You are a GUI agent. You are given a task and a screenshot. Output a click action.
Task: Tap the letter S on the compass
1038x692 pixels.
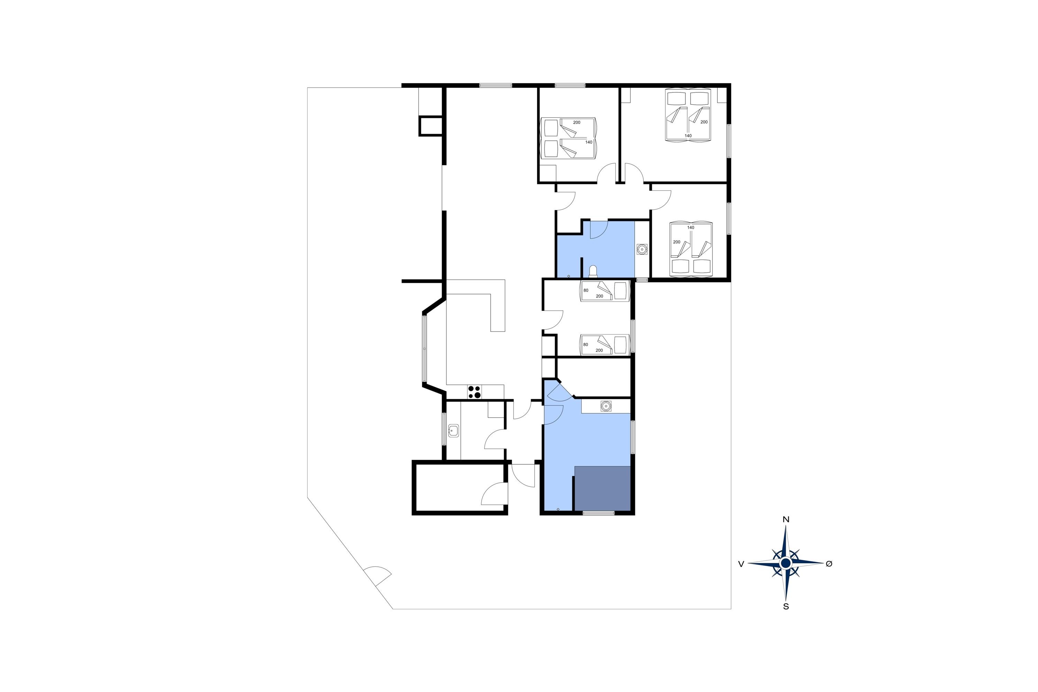pos(786,607)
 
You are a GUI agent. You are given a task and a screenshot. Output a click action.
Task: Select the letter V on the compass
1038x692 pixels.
pos(741,564)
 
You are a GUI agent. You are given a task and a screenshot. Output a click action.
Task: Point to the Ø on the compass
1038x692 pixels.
pos(829,564)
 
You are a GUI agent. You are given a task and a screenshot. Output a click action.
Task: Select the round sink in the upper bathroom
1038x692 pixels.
pos(642,249)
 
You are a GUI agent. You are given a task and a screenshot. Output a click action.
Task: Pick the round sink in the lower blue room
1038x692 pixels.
pos(606,406)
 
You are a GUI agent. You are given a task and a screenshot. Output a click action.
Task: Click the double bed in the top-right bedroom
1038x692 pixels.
pos(688,115)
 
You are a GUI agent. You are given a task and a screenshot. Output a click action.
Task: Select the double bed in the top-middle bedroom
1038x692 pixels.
pos(569,138)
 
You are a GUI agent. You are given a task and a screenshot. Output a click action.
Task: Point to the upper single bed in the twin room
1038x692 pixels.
pos(604,291)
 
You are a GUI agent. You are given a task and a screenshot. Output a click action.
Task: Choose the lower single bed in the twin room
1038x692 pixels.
pos(604,345)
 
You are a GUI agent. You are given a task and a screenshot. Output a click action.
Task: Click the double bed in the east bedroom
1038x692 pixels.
pos(691,249)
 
